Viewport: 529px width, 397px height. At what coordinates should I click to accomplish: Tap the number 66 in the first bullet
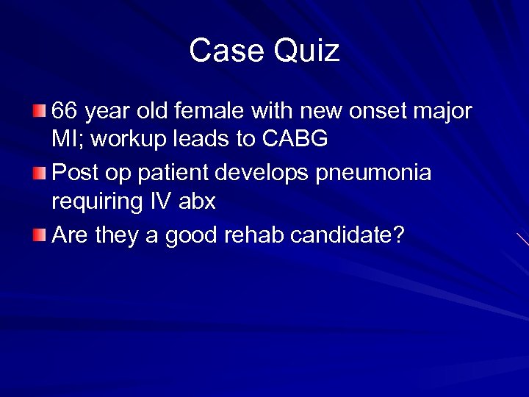(65, 112)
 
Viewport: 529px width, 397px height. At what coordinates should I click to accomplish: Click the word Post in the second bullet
(74, 174)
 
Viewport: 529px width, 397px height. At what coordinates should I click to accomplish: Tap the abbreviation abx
(197, 199)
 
